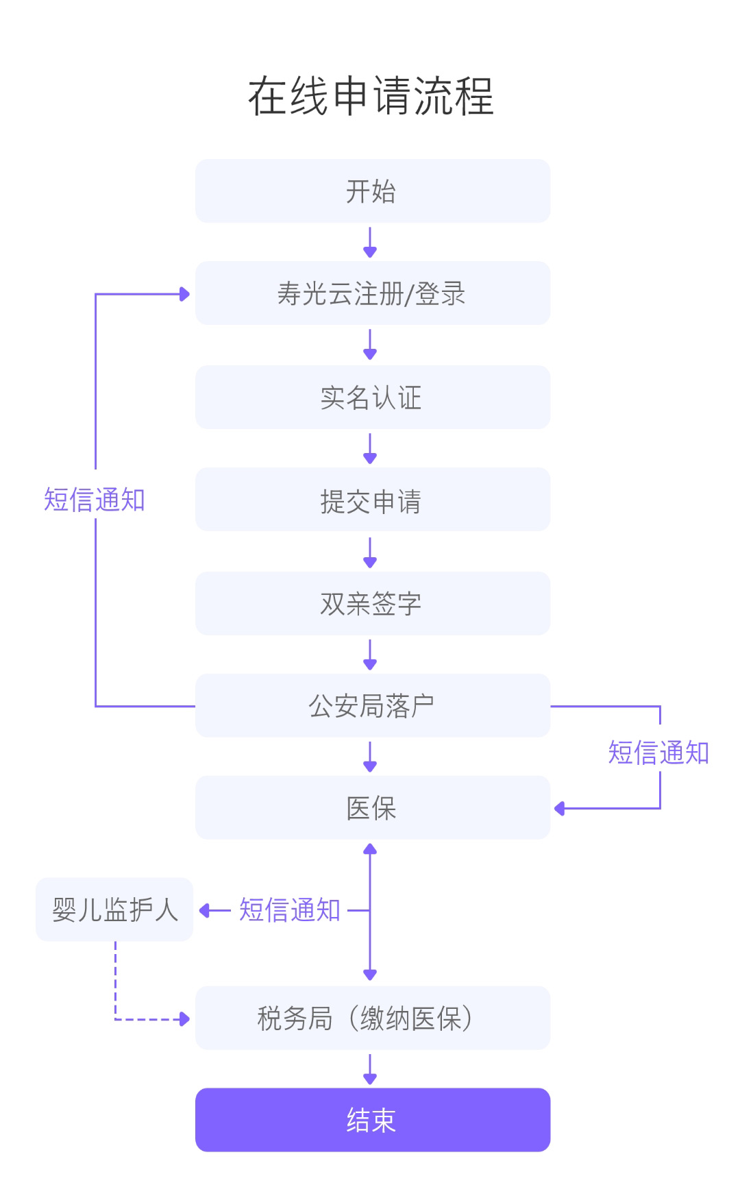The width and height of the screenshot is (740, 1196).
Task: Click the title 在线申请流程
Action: (370, 96)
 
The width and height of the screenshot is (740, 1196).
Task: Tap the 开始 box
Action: (373, 191)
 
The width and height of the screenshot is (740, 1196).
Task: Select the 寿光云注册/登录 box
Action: (373, 293)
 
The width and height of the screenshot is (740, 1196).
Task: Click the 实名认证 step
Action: (373, 398)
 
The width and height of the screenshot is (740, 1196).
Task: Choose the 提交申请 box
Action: (373, 500)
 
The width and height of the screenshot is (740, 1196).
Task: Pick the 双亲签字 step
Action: (373, 604)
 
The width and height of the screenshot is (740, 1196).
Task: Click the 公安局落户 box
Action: (373, 706)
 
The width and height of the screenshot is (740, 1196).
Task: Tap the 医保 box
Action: (373, 808)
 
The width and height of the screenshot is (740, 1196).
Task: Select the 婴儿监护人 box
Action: (114, 910)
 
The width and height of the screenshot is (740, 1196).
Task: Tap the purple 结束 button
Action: (373, 1120)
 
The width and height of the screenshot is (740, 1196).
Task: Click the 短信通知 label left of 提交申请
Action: (95, 500)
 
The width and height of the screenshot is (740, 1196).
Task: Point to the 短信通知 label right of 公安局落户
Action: (658, 753)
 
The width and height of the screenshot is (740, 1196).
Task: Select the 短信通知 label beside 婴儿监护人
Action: (290, 910)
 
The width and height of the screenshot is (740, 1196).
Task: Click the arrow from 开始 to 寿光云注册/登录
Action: (370, 243)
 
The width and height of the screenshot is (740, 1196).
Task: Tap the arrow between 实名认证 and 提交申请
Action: (370, 449)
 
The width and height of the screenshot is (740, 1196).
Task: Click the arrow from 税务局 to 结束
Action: (370, 1069)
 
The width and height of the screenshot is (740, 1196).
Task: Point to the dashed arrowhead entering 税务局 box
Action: (184, 1019)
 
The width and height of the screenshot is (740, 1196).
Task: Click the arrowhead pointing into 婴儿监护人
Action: (204, 911)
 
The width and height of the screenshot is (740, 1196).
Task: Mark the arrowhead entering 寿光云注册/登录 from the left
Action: (184, 294)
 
